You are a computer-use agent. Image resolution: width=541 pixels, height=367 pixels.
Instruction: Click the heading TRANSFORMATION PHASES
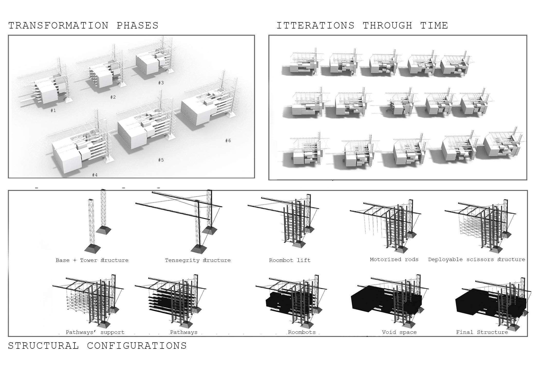tap(83, 26)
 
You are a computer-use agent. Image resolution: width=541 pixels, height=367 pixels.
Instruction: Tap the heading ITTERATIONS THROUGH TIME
tap(362, 26)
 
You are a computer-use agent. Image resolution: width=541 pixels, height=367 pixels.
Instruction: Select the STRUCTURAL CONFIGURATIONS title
tap(97, 346)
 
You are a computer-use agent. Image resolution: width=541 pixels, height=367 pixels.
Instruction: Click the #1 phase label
tap(53, 111)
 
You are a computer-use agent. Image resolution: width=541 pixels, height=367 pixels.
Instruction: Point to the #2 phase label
tap(113, 97)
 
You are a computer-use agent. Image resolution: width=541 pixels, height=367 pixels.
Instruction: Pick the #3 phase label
tap(161, 83)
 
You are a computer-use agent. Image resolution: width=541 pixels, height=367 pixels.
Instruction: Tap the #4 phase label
tap(95, 175)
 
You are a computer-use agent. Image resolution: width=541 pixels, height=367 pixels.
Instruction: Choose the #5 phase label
tap(161, 160)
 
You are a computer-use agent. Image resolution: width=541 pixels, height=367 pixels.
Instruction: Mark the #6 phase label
tap(228, 141)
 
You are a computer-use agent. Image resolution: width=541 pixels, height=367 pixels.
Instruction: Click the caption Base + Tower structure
tap(92, 260)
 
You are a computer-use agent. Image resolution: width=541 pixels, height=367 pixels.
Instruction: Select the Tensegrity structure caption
tap(198, 260)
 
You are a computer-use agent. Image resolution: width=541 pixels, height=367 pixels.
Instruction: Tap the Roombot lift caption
tap(290, 260)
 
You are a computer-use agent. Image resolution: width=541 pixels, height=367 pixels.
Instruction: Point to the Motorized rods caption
tap(394, 259)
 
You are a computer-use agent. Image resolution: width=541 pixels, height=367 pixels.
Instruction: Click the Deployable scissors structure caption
tap(477, 259)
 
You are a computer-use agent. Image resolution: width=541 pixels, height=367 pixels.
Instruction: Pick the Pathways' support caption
tap(95, 332)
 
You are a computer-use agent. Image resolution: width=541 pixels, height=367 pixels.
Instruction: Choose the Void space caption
tap(399, 332)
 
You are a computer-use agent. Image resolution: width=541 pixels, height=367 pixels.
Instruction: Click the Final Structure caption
tap(482, 332)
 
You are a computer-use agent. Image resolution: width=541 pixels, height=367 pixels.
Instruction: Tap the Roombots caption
tap(302, 332)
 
